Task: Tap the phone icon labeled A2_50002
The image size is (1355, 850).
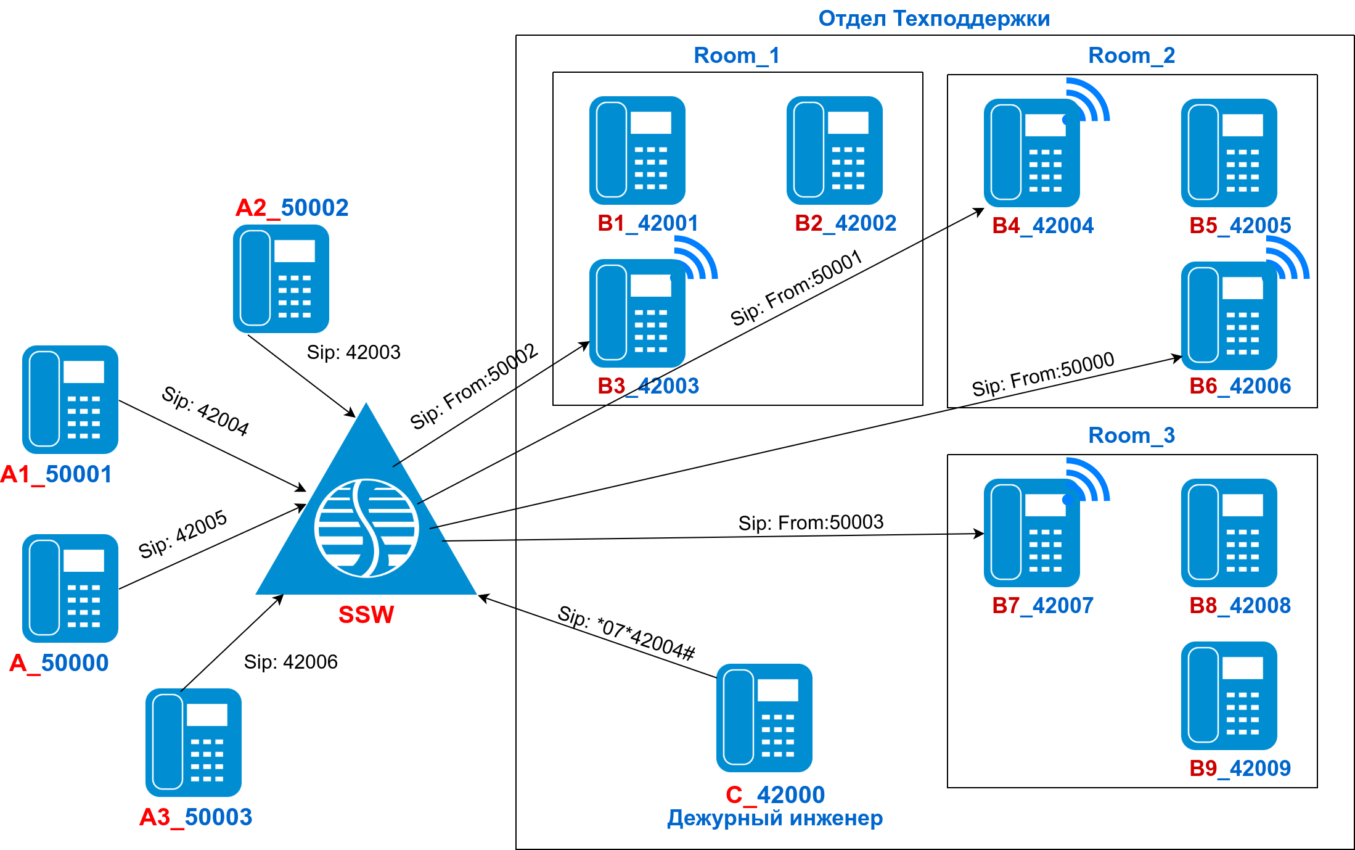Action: pos(281,279)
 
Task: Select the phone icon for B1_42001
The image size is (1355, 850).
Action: pos(637,151)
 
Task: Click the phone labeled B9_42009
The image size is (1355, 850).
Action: pos(1229,696)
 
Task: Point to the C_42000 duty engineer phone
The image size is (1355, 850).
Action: pos(764,718)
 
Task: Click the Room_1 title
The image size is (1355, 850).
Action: pos(737,56)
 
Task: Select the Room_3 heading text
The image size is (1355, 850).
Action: pos(1131,435)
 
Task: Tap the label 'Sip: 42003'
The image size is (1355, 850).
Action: pos(353,352)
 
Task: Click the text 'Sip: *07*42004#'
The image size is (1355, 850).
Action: pos(626,633)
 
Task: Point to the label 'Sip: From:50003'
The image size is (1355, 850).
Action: pos(811,522)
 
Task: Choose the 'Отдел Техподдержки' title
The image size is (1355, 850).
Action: pos(934,19)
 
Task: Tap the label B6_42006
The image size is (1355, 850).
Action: pos(1240,386)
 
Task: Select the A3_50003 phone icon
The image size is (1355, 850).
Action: pos(194,743)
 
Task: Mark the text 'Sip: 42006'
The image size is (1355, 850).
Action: pos(290,662)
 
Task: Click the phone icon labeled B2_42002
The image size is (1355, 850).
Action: pos(835,151)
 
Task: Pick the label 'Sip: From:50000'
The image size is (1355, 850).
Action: pos(1043,374)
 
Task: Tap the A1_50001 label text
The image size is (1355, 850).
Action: pos(56,474)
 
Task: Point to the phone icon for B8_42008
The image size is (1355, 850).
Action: pos(1229,533)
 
